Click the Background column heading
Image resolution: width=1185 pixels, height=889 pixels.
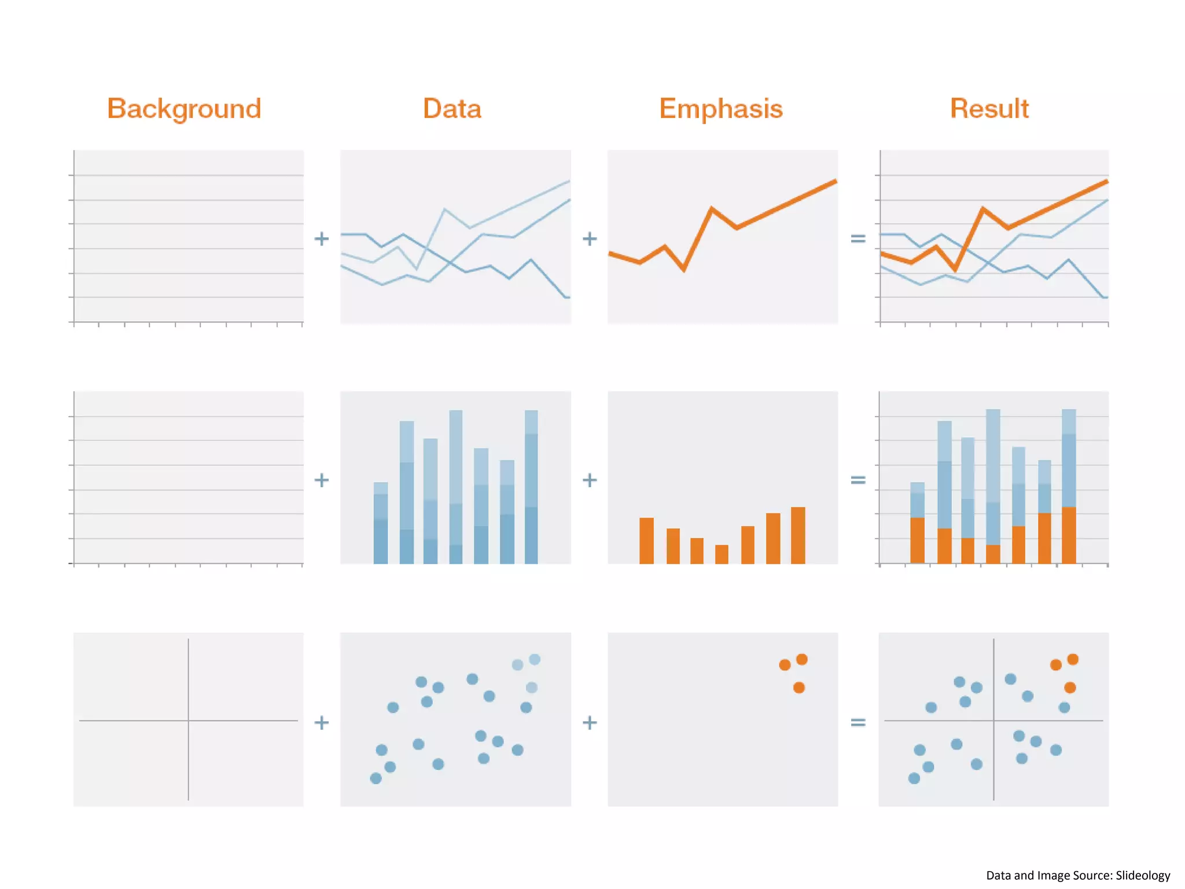184,109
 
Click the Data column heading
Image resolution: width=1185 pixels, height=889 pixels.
452,109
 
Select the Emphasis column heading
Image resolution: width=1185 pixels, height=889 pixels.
721,109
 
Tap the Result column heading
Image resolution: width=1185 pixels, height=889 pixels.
989,109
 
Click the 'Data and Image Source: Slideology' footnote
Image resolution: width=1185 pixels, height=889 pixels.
1078,875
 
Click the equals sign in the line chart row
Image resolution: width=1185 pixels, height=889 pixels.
858,238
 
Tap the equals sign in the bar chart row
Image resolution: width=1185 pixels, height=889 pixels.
858,480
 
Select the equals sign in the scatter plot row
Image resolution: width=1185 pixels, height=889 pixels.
858,722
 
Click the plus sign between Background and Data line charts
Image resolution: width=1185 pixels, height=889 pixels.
321,238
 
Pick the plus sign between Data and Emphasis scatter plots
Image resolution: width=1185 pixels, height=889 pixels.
590,722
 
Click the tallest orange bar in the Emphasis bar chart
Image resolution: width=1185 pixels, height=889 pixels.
798,535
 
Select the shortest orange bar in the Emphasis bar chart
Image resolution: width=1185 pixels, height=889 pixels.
722,554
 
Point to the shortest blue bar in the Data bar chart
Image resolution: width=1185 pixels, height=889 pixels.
381,523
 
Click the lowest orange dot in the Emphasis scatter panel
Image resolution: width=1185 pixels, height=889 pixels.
799,688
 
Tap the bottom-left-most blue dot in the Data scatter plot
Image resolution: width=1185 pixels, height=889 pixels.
376,778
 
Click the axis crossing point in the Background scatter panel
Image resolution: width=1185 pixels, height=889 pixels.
189,721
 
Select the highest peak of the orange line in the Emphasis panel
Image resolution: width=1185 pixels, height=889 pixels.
834,182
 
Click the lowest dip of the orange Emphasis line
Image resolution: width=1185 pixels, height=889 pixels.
684,269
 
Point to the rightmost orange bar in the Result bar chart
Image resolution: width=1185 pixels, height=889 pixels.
1069,535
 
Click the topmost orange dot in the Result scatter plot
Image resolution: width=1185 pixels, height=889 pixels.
1073,659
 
